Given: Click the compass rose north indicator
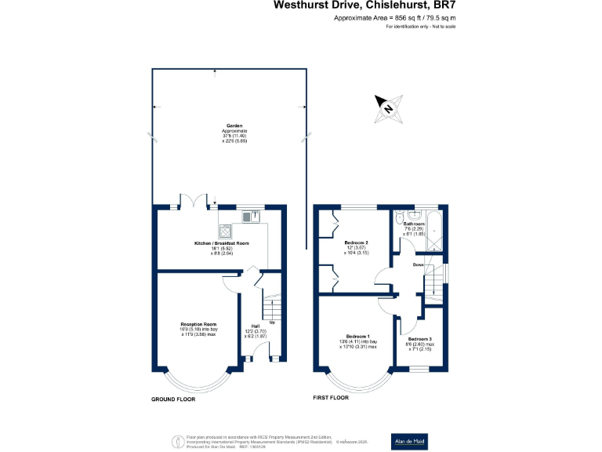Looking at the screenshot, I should point(389,107).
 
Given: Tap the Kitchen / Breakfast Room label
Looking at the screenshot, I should point(222,244).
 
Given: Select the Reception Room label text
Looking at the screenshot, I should point(198,324).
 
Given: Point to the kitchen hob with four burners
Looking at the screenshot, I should point(227,231).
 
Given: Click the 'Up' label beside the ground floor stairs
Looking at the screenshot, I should point(272,322).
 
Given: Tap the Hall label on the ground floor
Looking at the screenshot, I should point(256,326).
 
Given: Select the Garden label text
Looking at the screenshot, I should point(234,126).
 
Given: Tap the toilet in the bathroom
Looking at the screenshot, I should point(401,219).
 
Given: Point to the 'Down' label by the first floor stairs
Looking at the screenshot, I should point(419,264).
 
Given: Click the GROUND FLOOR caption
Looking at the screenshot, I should point(173,399).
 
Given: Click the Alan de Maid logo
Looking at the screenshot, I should point(410,441).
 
